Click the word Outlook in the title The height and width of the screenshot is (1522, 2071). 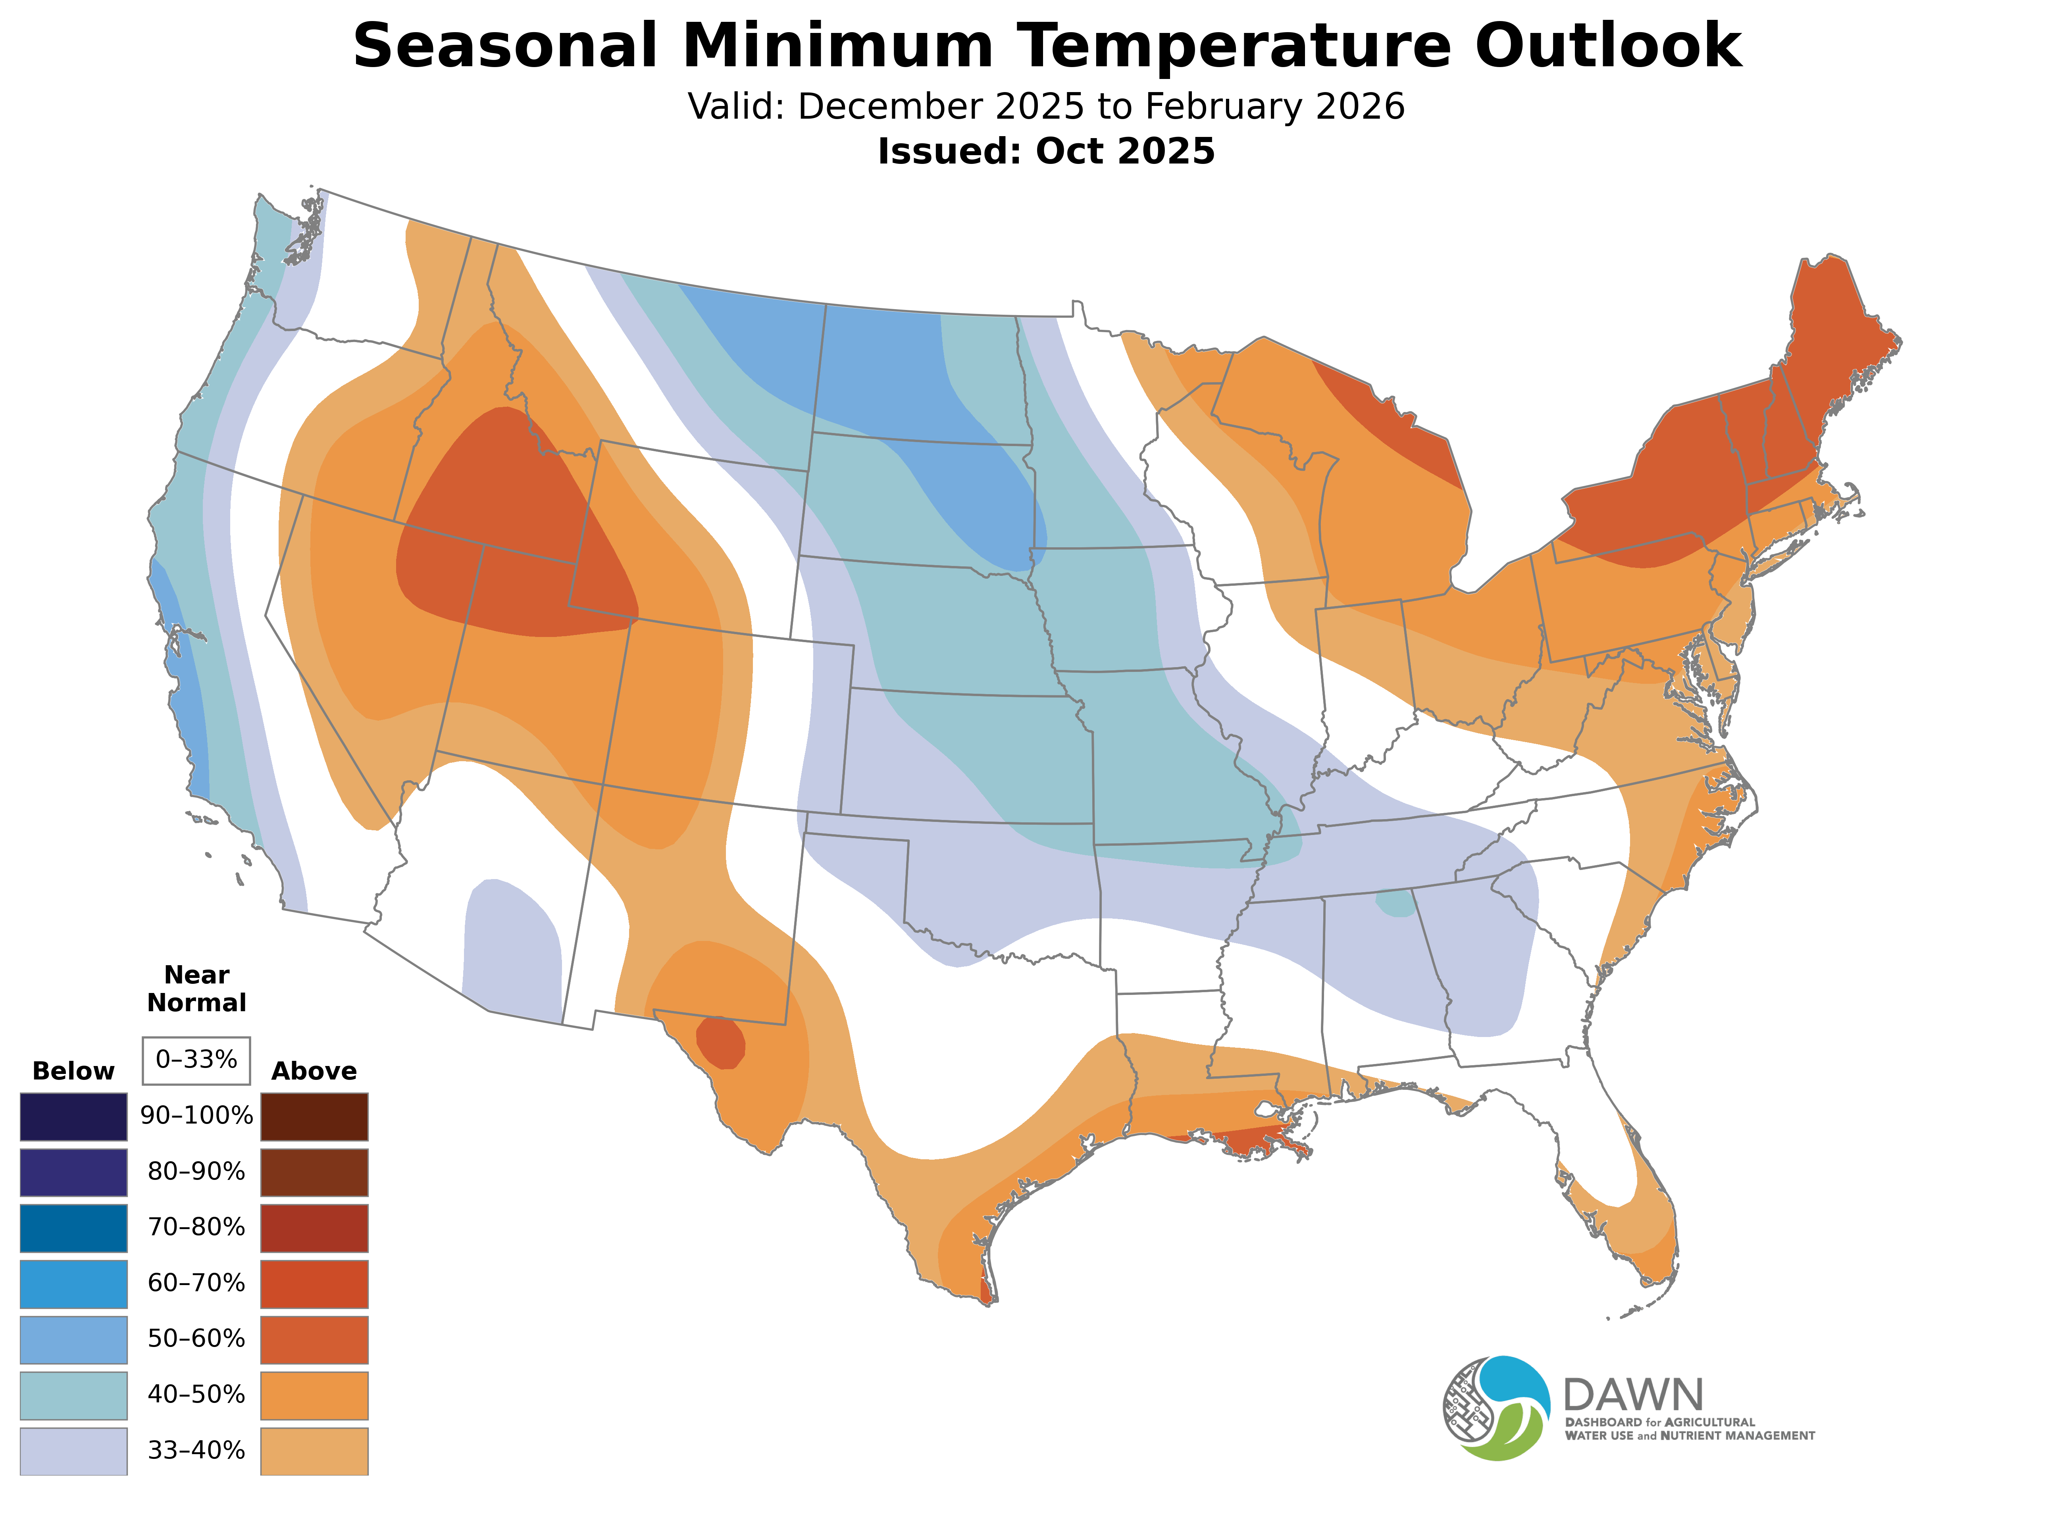[1607, 46]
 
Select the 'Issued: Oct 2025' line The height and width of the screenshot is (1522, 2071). [1046, 151]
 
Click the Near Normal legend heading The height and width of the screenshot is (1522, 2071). [196, 989]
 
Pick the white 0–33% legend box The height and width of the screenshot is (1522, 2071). [196, 1060]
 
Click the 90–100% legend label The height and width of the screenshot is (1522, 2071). [196, 1116]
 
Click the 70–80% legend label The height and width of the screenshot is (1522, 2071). [196, 1227]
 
